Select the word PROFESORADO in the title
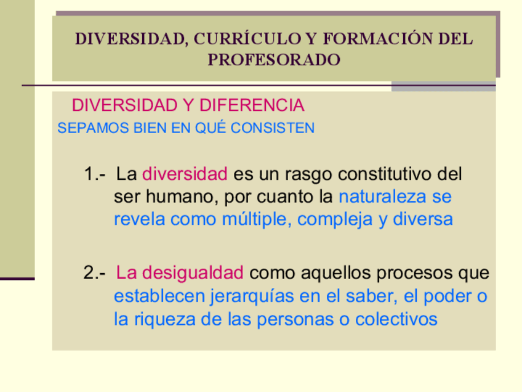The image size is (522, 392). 274,60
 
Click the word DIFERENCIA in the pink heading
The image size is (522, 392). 252,105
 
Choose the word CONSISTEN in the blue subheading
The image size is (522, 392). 272,128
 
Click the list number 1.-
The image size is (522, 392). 95,174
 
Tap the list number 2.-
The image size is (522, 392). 95,272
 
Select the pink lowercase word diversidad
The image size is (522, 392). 185,174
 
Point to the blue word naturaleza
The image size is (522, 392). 382,197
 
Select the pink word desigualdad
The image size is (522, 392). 193,273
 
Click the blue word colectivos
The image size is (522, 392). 396,319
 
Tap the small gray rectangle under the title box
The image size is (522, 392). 443,86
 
